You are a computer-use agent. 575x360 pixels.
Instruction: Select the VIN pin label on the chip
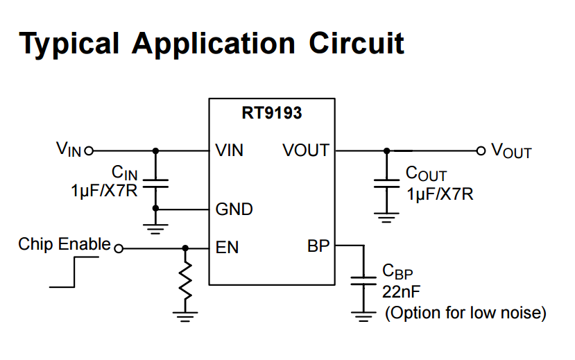[230, 150]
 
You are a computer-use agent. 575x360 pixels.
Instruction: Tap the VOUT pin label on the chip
[305, 150]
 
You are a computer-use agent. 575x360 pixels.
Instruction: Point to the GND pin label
[234, 209]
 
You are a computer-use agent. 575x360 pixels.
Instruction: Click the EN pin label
[227, 247]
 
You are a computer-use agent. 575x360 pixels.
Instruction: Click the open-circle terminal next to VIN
[88, 150]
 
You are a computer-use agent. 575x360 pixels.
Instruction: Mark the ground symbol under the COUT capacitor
[386, 219]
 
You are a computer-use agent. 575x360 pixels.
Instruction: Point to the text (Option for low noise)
[465, 313]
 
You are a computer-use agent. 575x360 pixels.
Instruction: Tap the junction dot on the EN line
[185, 248]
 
